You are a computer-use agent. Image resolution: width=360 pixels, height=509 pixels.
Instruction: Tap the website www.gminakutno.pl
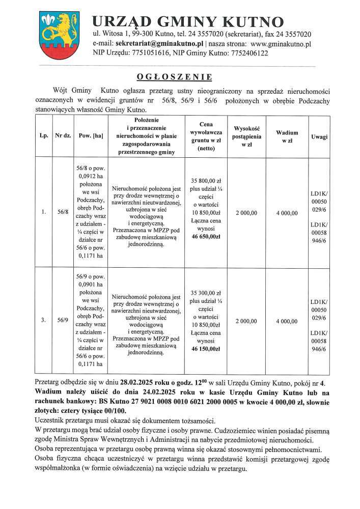[281, 44]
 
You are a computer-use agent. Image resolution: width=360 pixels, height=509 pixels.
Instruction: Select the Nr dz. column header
[62, 137]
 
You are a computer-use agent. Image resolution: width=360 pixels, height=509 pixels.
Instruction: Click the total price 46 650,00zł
[206, 237]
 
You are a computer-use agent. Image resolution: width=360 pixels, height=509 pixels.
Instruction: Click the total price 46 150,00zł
[206, 349]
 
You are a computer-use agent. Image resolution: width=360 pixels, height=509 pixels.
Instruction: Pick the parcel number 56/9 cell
[62, 321]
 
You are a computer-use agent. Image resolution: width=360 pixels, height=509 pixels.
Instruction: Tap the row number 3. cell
[44, 321]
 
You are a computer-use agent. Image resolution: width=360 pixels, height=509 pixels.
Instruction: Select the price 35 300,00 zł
[206, 293]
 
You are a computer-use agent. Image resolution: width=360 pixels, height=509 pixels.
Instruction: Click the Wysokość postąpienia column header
[246, 136]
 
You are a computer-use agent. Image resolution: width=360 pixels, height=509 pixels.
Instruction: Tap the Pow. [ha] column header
[91, 137]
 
